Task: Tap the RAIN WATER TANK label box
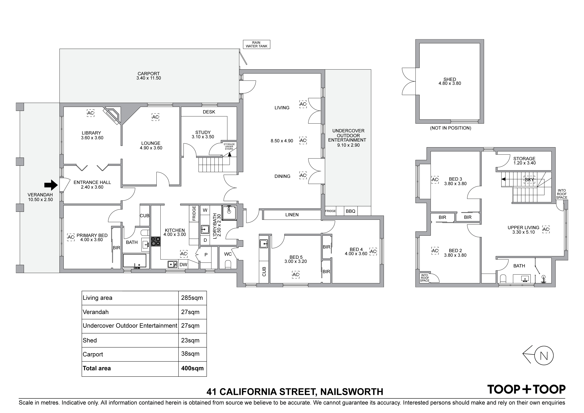click(256, 44)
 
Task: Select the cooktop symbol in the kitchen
click(156, 241)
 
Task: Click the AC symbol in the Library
click(91, 113)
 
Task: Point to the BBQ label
click(350, 211)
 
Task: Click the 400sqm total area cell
click(192, 368)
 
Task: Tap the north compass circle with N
click(544, 356)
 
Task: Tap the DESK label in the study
click(209, 112)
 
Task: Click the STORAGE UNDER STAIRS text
click(229, 147)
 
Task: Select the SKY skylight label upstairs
click(529, 180)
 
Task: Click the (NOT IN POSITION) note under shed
click(450, 128)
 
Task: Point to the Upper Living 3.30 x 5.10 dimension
click(523, 232)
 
